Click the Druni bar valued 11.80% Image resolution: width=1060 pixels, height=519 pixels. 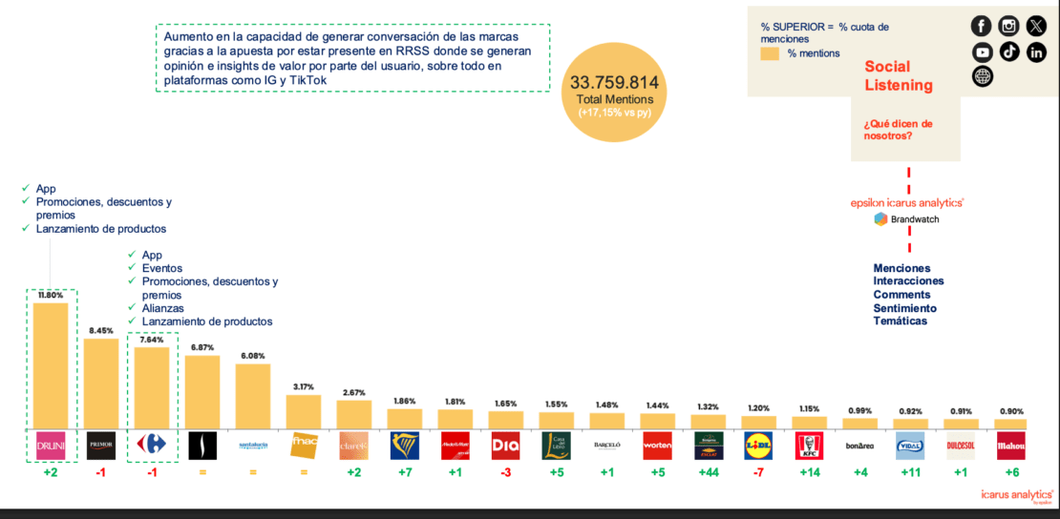[51, 365]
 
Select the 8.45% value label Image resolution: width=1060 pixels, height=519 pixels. [100, 331]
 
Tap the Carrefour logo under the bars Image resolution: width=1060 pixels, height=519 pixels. [151, 446]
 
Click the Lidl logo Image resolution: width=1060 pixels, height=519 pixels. [758, 446]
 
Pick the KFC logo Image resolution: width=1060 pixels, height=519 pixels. [809, 446]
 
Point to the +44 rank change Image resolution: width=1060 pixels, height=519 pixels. [709, 472]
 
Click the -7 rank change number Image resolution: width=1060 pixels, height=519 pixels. [758, 472]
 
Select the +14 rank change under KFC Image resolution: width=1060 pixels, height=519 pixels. [809, 472]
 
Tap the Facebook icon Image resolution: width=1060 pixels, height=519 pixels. [981, 26]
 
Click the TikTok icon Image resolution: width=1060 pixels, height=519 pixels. [1009, 52]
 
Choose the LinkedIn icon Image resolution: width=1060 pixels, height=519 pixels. [1036, 52]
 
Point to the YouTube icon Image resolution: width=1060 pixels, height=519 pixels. [982, 52]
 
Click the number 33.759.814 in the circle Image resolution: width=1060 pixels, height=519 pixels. [614, 83]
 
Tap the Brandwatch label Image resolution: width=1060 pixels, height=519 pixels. [915, 219]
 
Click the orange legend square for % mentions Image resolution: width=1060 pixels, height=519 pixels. [769, 53]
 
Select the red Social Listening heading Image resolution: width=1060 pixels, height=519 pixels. [899, 75]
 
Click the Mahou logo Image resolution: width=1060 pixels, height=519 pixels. [1010, 446]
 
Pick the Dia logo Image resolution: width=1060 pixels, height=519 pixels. [505, 446]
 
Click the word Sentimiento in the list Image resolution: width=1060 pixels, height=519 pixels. [904, 308]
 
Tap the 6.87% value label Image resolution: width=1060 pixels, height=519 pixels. [201, 348]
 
